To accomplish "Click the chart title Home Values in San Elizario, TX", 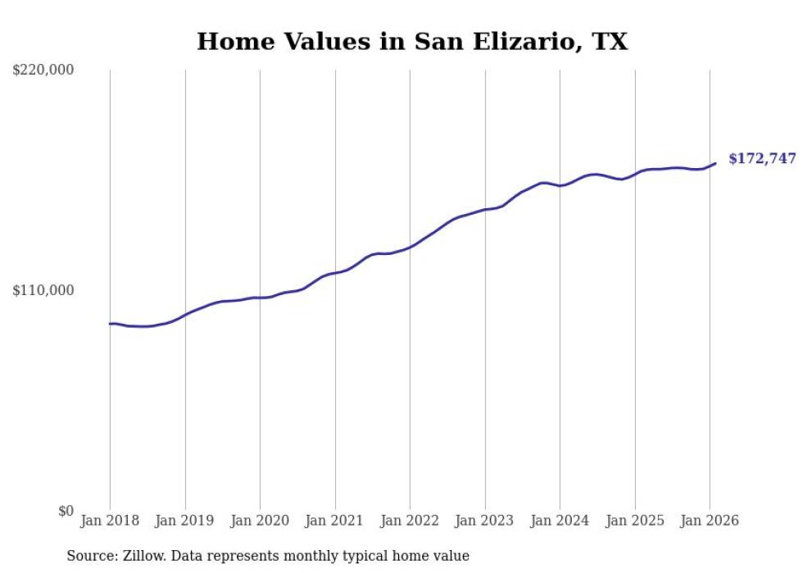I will (412, 41).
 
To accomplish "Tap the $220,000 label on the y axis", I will (43, 70).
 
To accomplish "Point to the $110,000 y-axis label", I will (43, 290).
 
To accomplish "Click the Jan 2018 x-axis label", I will (110, 521).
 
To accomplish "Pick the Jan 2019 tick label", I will (185, 521).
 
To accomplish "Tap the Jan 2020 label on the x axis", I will (260, 521).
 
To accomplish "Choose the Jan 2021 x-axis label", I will (335, 521).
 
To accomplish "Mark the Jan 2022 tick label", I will (410, 521).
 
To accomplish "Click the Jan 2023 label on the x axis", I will (485, 521).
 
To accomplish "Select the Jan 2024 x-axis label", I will (560, 521).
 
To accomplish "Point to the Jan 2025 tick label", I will (635, 521).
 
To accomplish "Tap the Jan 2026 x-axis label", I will (710, 521).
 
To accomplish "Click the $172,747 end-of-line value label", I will (762, 158).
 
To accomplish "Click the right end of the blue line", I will (715, 163).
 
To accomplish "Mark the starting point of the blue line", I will (110, 324).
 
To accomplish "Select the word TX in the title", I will (611, 41).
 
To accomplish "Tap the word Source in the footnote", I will (89, 556).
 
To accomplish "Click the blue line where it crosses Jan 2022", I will (410, 246).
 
